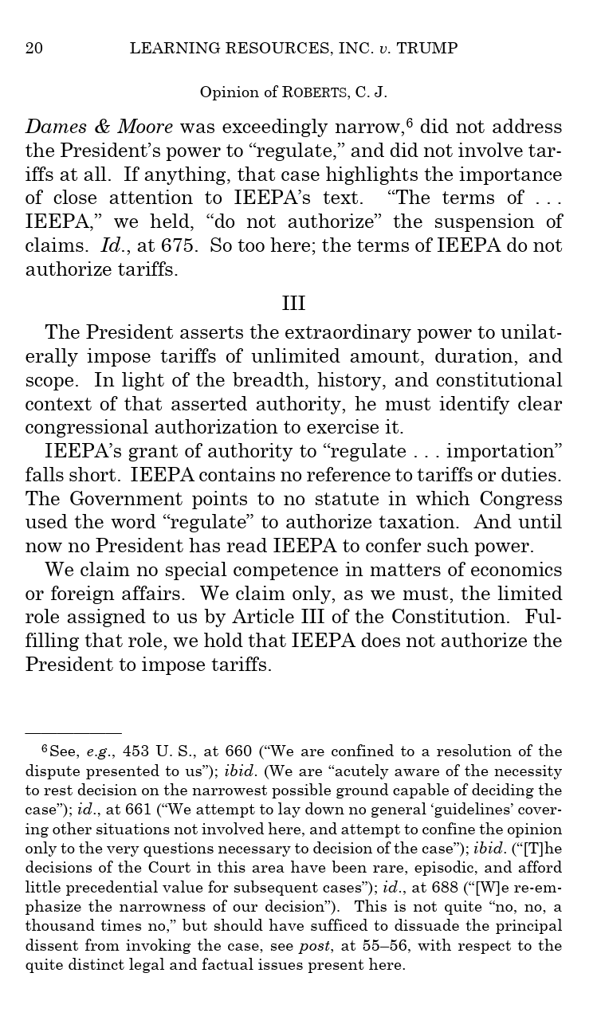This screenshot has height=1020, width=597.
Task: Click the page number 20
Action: coord(34,49)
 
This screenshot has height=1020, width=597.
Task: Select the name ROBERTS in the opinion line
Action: coord(315,92)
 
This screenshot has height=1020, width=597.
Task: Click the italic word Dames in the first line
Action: coord(51,127)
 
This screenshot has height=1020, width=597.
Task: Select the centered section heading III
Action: coord(293,304)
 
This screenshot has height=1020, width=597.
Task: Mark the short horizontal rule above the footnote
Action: coord(73,733)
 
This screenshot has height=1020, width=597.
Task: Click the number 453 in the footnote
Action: coord(136,751)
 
